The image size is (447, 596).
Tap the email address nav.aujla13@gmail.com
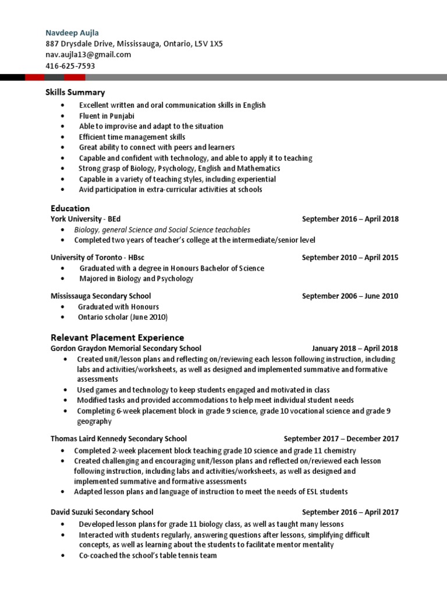(x=88, y=55)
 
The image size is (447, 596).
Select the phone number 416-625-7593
(x=70, y=66)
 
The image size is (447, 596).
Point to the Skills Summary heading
(x=76, y=92)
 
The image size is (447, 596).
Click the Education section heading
(x=70, y=208)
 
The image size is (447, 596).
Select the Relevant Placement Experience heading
(x=117, y=337)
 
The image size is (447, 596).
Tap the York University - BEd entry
(x=86, y=219)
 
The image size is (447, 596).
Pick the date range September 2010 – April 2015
(x=350, y=258)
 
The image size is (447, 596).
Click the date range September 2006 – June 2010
(x=350, y=296)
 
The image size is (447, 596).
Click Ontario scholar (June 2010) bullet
(x=122, y=317)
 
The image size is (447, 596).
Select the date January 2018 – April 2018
(x=355, y=349)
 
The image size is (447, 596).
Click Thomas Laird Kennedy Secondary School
(x=119, y=439)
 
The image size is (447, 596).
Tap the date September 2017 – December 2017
(x=341, y=439)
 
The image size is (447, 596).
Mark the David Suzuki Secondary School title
(x=102, y=512)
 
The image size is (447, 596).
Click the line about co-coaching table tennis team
(x=148, y=555)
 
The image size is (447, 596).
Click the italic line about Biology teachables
(x=162, y=230)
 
